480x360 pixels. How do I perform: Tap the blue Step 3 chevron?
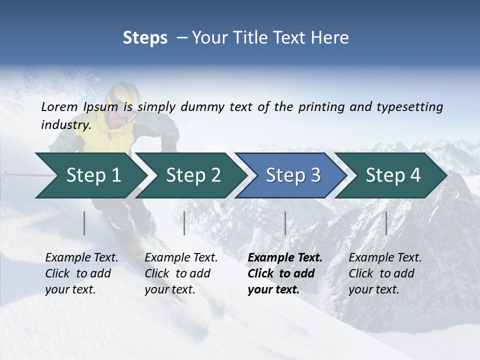coord(293,175)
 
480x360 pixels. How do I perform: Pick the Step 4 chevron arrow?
coord(393,175)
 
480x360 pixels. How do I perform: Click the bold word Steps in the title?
coord(145,38)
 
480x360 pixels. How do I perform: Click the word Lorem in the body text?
coord(59,106)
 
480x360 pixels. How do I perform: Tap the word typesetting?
coord(409,106)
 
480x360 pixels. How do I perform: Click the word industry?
coord(66,124)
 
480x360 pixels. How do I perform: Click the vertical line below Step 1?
coord(84,223)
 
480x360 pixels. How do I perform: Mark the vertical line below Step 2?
coord(184,223)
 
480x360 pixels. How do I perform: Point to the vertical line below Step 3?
coord(285,223)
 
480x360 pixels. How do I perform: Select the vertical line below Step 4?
coord(386,223)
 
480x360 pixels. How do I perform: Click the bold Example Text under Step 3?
coord(285,258)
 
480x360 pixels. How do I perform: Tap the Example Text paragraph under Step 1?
coord(81,273)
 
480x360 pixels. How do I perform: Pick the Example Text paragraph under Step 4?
coord(385,273)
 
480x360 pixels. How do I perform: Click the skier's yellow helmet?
coord(123,94)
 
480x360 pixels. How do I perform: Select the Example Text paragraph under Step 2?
coord(181,273)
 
